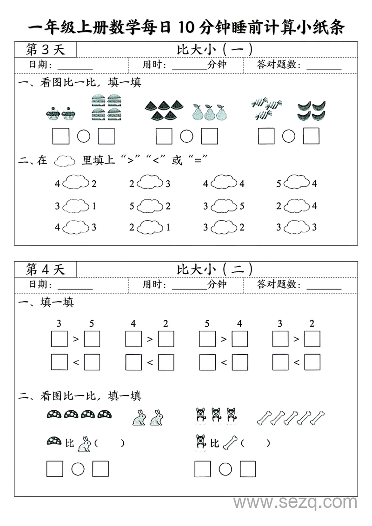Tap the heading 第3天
click(x=45, y=49)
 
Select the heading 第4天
click(x=45, y=269)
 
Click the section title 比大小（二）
click(x=215, y=269)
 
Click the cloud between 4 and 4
click(x=223, y=184)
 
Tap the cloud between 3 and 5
click(x=223, y=205)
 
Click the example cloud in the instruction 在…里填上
click(x=65, y=161)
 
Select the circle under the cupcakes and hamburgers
click(x=84, y=136)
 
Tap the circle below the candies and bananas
click(x=289, y=136)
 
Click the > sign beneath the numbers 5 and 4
click(x=223, y=340)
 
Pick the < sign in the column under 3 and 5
click(x=76, y=362)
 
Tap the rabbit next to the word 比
click(x=84, y=444)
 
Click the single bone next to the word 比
click(x=230, y=443)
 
